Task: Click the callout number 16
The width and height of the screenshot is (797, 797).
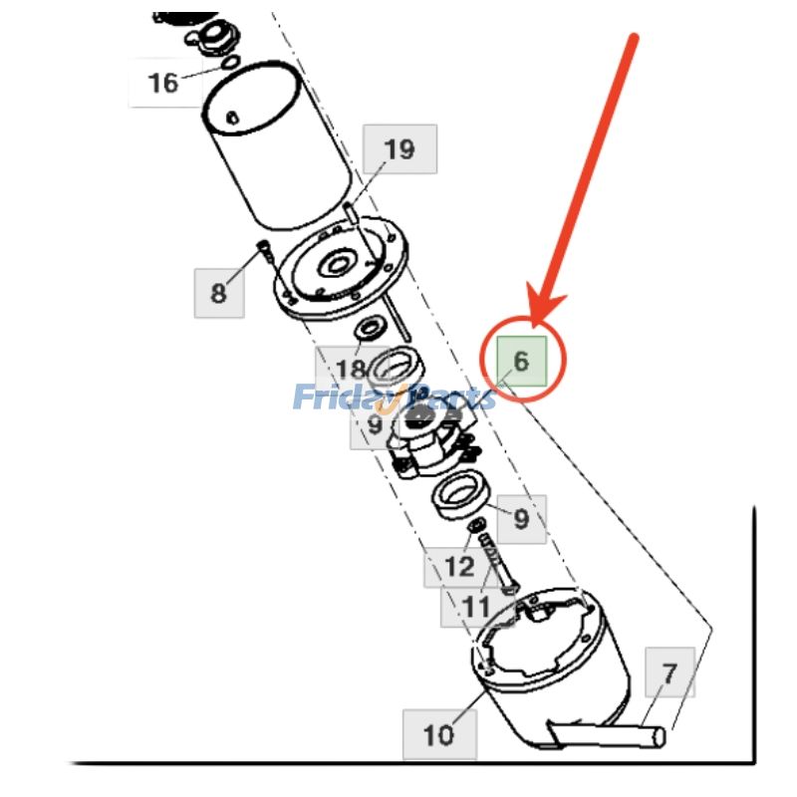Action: [163, 82]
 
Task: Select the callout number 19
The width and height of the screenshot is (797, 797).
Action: [398, 149]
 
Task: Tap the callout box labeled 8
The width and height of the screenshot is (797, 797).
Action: [218, 293]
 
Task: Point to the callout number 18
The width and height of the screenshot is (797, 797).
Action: [351, 370]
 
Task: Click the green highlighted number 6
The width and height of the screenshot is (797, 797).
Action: [521, 359]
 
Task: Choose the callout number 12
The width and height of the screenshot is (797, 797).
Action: [459, 567]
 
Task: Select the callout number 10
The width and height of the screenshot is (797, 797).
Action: [438, 735]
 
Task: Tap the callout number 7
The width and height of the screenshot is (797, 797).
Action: [669, 672]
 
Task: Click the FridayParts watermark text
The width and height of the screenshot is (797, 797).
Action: [395, 398]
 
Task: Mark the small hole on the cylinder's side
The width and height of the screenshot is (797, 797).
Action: [232, 120]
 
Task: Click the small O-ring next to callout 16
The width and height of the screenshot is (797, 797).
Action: [229, 62]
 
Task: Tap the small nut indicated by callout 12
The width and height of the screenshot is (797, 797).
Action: [476, 525]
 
